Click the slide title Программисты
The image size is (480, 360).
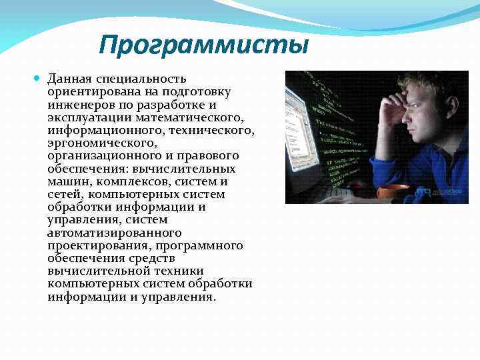point(203,46)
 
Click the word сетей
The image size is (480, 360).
point(64,194)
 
